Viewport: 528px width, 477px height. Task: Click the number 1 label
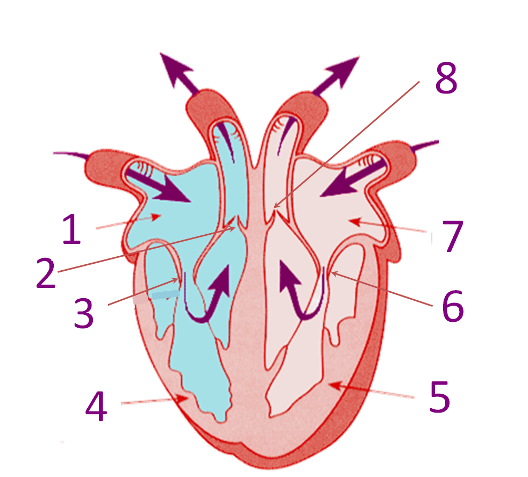click(72, 228)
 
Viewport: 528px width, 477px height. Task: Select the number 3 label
click(84, 313)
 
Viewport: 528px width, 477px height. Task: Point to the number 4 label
click(97, 406)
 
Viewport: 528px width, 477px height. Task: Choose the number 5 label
click(440, 397)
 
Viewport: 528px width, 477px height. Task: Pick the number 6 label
click(453, 307)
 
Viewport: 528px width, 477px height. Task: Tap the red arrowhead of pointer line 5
click(333, 385)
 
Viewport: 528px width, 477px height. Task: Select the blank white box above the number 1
click(26, 149)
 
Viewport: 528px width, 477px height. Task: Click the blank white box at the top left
click(127, 47)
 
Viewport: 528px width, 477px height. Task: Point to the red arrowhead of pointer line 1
click(156, 216)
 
